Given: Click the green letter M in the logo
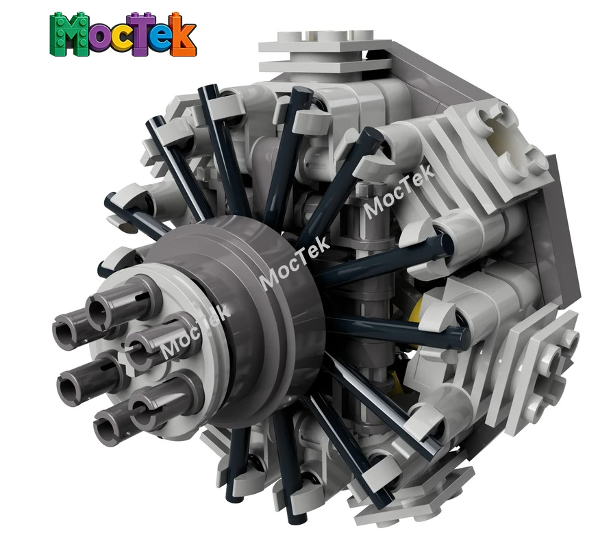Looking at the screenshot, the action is (69, 35).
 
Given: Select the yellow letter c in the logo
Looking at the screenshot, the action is (125, 40).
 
